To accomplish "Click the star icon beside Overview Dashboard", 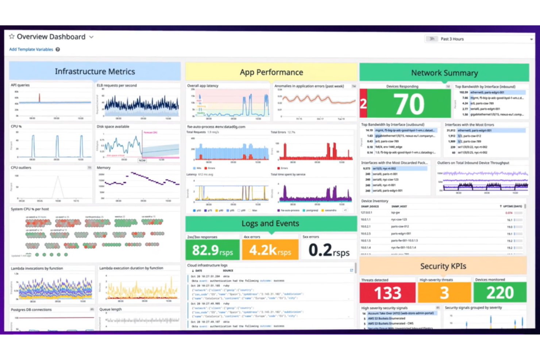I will tap(12, 36).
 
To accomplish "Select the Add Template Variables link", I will tap(31, 49).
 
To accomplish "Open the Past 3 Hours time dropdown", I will tap(480, 39).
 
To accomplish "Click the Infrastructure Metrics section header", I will tap(95, 71).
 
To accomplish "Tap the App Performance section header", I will tap(271, 72).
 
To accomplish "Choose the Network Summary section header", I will tap(444, 73).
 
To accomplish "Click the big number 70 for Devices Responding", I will tap(409, 104).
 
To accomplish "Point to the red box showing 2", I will tap(363, 104).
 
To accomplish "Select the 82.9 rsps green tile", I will tap(212, 250).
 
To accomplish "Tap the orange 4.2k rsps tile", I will tap(270, 250).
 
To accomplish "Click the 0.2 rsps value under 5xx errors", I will tap(328, 250).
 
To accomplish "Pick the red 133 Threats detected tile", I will tap(387, 293).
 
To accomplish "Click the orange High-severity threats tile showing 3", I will tap(444, 293).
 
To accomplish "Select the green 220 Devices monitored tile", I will tap(500, 293).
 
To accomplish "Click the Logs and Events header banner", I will tap(270, 224).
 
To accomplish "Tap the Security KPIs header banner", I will tap(443, 266).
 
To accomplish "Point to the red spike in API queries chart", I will tap(39, 98).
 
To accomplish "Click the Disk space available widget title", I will tap(113, 127).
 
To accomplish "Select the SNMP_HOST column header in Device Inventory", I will tap(399, 206).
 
